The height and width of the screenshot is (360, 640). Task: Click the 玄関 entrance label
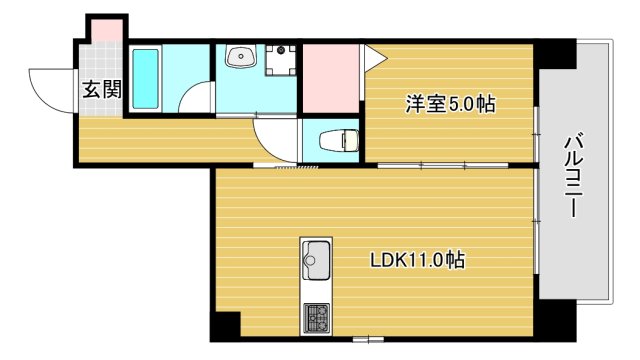click(x=102, y=89)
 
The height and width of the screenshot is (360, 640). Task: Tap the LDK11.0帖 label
click(x=416, y=261)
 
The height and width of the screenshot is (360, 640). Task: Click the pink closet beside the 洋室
click(x=330, y=78)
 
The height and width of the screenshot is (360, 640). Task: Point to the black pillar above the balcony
click(x=558, y=52)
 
